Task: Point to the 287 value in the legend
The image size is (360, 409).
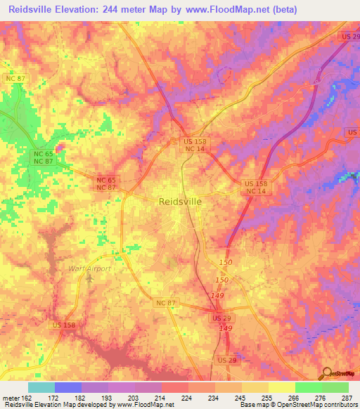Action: (347, 397)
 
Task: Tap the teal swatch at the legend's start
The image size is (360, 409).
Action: (41, 387)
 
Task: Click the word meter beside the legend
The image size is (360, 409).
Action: (8, 397)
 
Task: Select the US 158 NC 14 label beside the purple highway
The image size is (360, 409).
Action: (255, 188)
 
